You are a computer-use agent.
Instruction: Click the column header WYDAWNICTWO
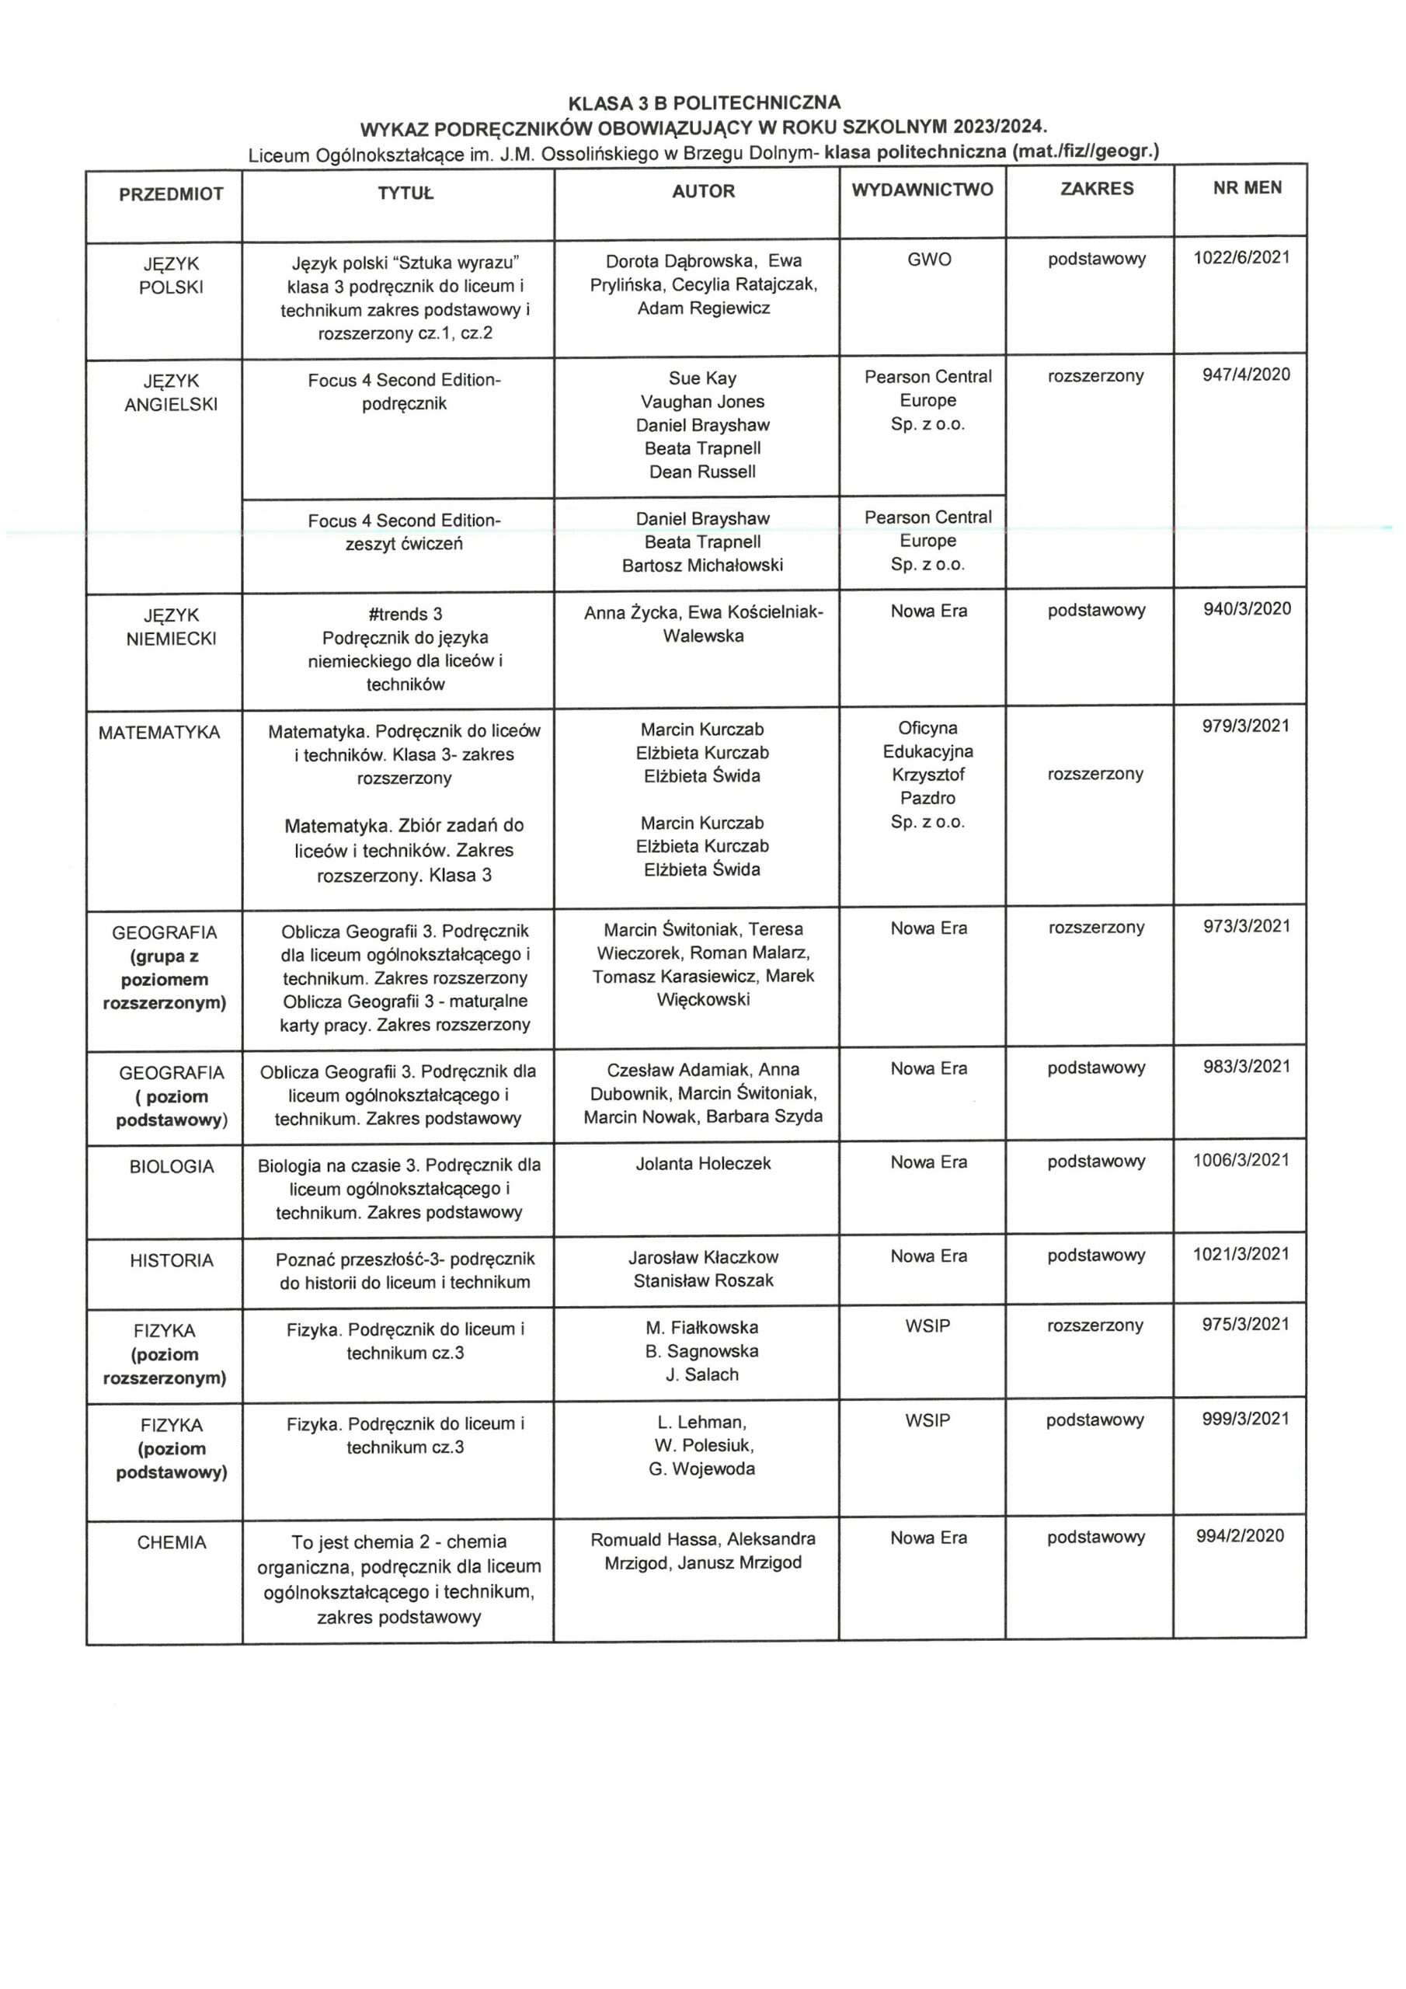(922, 190)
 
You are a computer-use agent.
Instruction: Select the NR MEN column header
(1247, 188)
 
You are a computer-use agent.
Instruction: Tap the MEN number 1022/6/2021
(1241, 257)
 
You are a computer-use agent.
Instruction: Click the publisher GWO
(929, 259)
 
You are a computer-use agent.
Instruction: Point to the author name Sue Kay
(701, 378)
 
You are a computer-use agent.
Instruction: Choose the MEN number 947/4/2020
(1246, 374)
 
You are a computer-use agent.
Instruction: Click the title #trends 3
(405, 615)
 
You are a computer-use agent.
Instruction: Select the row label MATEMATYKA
(159, 733)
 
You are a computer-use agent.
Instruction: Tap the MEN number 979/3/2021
(1245, 726)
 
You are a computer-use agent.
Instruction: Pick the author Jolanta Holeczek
(702, 1163)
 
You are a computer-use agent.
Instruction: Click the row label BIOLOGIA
(172, 1167)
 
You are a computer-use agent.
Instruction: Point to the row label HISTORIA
(172, 1260)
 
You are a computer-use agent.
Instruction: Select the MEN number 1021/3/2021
(1241, 1253)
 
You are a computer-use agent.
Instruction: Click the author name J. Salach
(701, 1374)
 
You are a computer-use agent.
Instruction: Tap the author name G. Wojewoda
(701, 1469)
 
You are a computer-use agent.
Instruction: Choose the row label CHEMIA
(172, 1543)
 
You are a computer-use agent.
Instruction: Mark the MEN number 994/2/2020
(1240, 1536)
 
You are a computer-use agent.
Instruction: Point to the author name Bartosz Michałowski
(701, 566)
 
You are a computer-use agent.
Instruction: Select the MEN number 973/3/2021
(1246, 926)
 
